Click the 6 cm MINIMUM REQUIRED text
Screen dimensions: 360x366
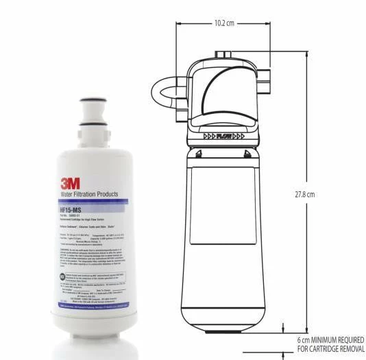[x=330, y=339]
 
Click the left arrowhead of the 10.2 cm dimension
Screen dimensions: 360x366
[x=179, y=23]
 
